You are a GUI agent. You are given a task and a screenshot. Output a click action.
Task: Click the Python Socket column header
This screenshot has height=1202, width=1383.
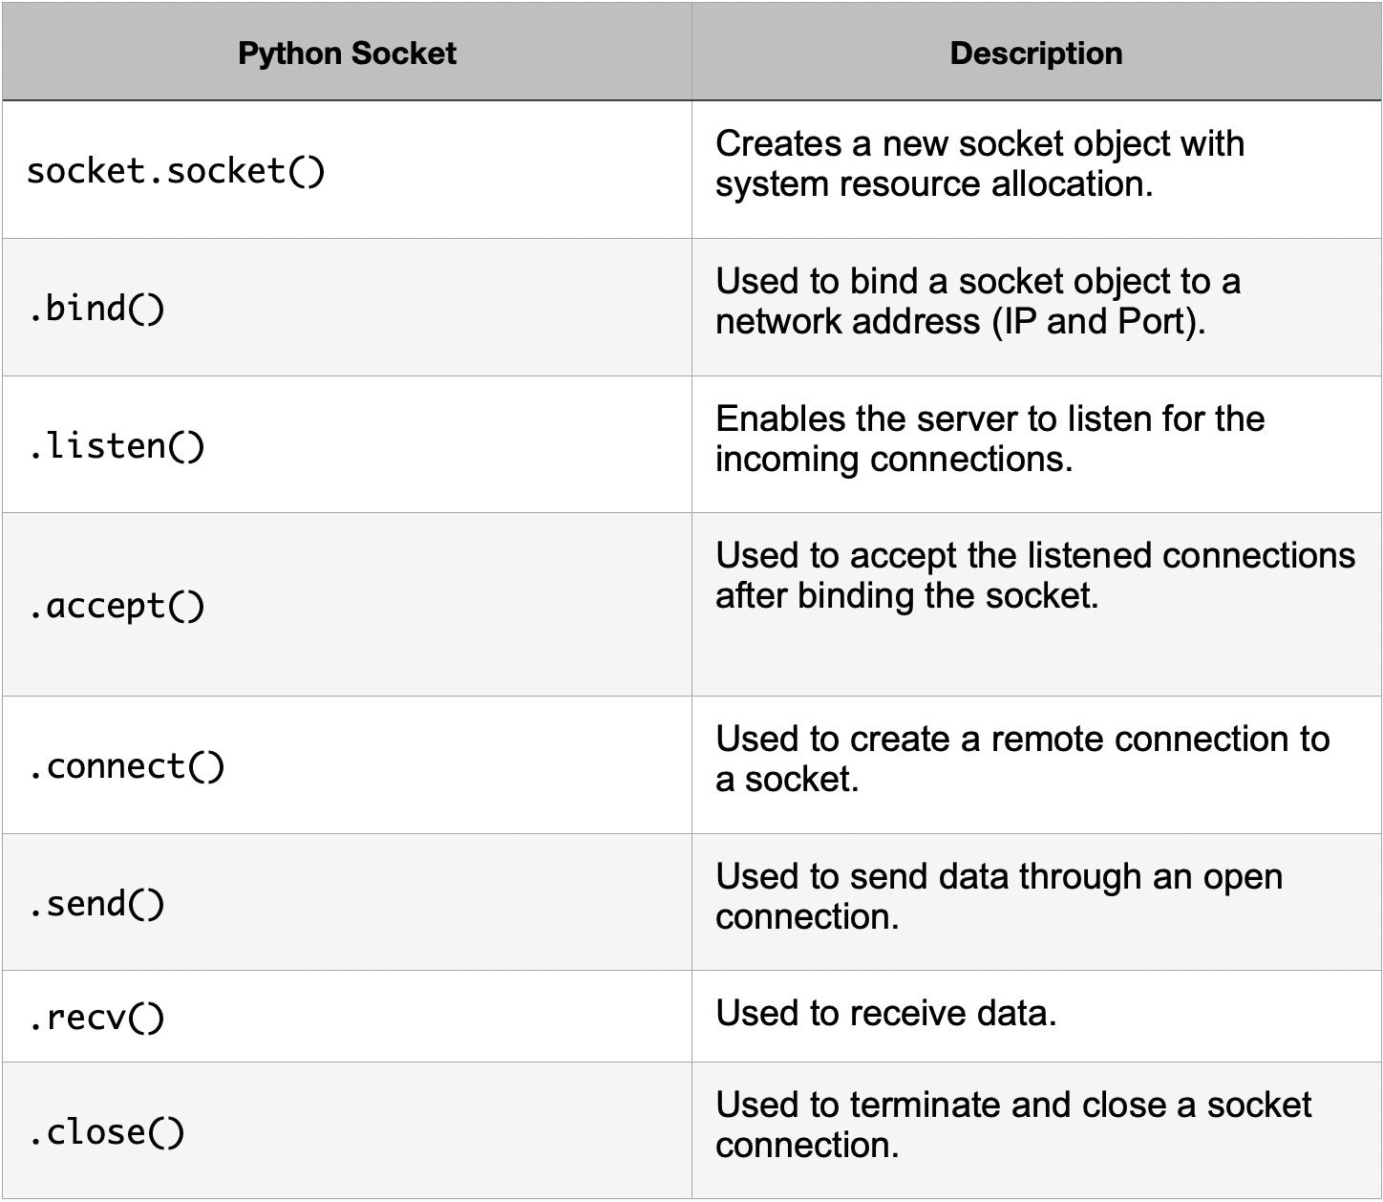(x=347, y=54)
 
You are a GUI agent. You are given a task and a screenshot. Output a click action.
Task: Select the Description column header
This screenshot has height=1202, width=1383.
(x=1036, y=54)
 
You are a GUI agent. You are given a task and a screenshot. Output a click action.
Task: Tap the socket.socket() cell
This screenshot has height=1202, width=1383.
(x=176, y=172)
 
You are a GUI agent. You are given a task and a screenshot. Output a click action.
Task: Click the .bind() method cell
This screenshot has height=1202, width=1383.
(x=96, y=309)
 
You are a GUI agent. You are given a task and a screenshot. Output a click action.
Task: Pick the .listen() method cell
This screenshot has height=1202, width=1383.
(x=117, y=446)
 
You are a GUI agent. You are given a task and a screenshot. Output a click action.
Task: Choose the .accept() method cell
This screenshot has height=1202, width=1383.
(x=117, y=606)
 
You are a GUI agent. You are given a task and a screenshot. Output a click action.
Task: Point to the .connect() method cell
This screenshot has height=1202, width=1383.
(x=127, y=766)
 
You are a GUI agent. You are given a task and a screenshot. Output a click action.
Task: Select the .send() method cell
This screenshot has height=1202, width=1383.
(x=96, y=904)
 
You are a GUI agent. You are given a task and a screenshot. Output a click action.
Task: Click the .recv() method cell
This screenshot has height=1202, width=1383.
(x=96, y=1018)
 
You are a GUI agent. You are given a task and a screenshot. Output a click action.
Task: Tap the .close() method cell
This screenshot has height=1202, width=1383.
(x=107, y=1132)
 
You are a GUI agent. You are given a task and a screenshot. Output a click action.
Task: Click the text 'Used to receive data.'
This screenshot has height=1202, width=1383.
(x=886, y=1013)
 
